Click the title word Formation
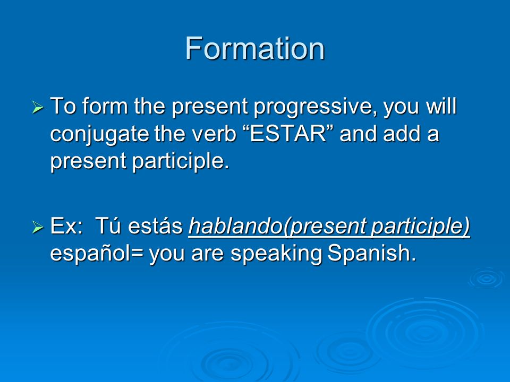[x=255, y=48]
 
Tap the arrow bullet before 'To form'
[x=38, y=107]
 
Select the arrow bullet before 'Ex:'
[x=38, y=227]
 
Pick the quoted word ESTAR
[x=288, y=133]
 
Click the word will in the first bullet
[x=441, y=106]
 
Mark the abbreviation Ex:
[x=67, y=226]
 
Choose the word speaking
[x=276, y=254]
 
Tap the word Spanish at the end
[x=372, y=253]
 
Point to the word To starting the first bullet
[x=63, y=106]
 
